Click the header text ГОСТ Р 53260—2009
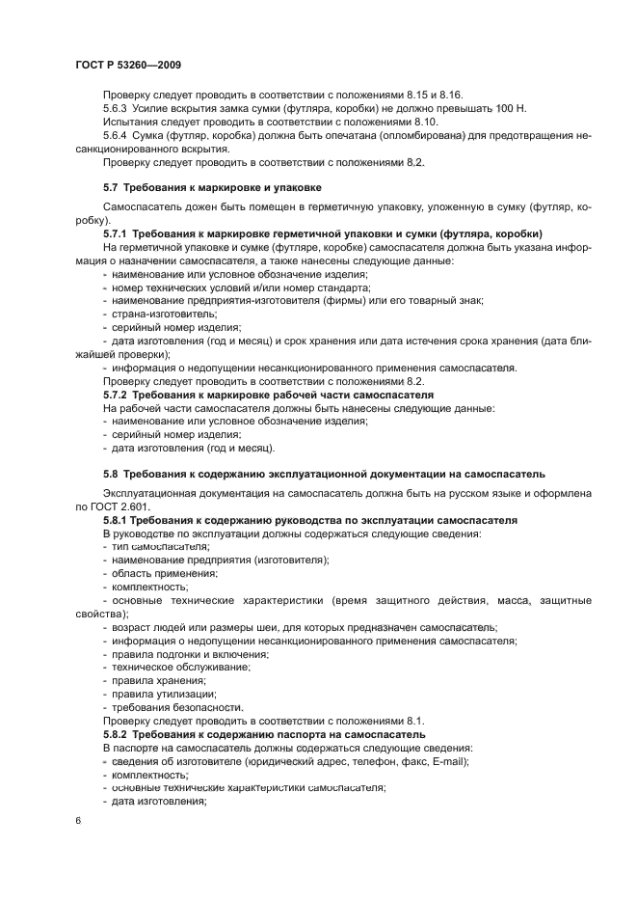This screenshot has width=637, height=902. [x=128, y=64]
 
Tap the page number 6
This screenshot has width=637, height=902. [x=77, y=821]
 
